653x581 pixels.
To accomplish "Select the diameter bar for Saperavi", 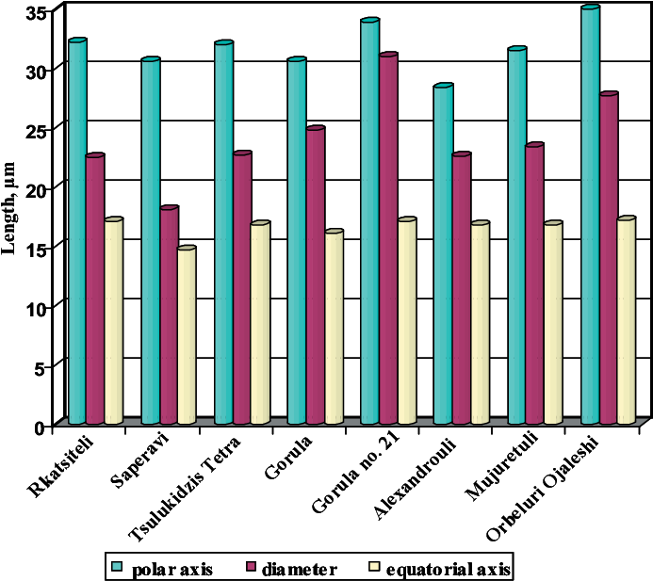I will coord(169,315).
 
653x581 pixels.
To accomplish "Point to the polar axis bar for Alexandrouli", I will coord(443,254).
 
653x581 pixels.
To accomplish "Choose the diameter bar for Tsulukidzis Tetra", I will coord(242,288).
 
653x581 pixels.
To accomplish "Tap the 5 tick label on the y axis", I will coord(41,366).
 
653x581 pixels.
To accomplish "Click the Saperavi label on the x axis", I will coord(137,462).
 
